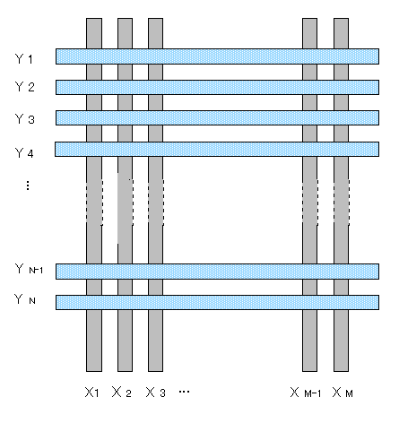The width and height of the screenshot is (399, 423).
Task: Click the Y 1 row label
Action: tap(24, 59)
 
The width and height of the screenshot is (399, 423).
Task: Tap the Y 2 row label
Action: tap(24, 87)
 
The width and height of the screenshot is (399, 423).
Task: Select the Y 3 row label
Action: tap(24, 119)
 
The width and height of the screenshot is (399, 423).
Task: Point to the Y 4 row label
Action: tap(24, 153)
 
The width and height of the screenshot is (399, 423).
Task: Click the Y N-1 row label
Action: tap(29, 269)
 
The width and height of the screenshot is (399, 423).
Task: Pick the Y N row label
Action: tap(25, 299)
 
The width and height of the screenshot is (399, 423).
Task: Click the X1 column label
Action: tap(91, 393)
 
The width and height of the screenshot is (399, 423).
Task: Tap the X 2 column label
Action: tap(122, 393)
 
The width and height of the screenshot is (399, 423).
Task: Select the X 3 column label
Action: tap(155, 393)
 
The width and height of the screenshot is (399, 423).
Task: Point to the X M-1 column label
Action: tap(306, 393)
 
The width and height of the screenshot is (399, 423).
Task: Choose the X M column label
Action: tap(343, 393)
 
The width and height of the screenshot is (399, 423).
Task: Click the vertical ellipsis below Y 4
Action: tap(28, 186)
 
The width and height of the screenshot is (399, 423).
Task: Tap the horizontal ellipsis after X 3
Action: tap(184, 392)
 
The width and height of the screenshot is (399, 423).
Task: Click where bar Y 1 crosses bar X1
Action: tap(94, 56)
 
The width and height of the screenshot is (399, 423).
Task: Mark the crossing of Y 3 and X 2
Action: tap(125, 117)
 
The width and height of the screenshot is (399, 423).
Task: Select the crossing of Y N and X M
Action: tap(341, 302)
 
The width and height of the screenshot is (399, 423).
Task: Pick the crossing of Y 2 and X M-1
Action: tap(309, 87)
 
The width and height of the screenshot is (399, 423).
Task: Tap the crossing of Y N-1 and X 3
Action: tap(155, 272)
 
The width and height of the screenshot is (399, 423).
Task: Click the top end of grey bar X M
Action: tap(341, 19)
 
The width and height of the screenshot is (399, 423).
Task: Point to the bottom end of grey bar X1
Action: tap(94, 371)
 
